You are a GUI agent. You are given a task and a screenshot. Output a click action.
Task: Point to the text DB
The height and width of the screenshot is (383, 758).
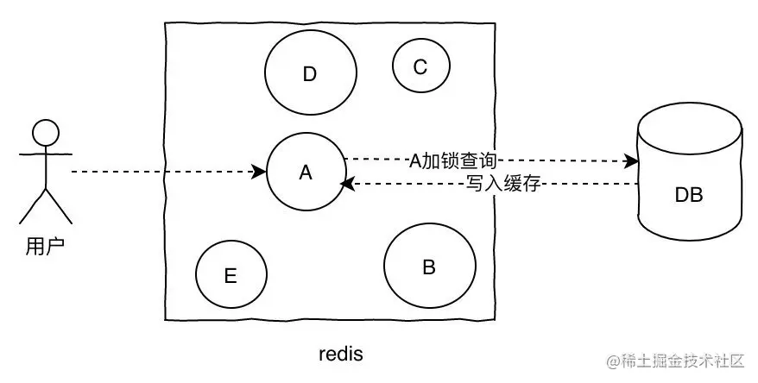point(689,195)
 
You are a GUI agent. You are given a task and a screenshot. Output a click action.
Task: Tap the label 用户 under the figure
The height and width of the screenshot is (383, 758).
point(45,247)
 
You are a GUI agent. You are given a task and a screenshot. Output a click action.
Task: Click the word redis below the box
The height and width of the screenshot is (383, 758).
point(341,354)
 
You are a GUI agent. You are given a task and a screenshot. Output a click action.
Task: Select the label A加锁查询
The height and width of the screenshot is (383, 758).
point(453,160)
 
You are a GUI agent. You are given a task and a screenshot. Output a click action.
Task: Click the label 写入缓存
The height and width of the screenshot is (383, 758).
point(502,184)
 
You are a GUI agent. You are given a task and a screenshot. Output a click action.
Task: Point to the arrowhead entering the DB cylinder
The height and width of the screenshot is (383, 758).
point(631,160)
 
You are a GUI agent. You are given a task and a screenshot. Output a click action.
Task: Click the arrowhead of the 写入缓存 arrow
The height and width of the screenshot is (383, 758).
point(348,184)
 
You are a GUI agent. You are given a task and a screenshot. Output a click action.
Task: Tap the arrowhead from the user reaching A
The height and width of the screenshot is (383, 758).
point(260,172)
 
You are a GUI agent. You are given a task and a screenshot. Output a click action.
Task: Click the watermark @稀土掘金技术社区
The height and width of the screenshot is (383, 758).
point(675,361)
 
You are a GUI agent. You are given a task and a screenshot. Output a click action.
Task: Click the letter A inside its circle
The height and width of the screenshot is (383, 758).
point(306,173)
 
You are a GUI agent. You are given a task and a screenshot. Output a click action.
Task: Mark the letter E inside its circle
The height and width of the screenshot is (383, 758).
point(231,276)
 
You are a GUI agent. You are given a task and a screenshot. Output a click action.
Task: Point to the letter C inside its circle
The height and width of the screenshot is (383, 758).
point(420,66)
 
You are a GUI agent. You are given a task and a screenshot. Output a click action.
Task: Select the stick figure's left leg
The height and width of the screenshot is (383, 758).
point(33,207)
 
